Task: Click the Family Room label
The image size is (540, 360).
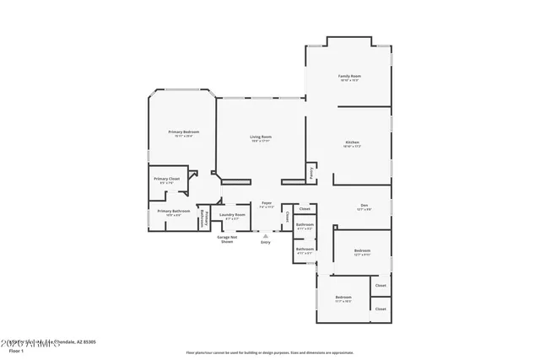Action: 349,76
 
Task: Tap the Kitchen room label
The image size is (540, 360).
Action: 352,142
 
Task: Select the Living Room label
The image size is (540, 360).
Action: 260,137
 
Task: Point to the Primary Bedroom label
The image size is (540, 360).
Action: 183,132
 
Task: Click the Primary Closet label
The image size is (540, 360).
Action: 166,179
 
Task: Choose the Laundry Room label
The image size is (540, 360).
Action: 232,215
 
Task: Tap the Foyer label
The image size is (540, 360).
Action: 266,203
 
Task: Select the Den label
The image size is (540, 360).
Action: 364,205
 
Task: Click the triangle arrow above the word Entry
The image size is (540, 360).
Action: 266,236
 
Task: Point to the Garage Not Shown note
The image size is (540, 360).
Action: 228,239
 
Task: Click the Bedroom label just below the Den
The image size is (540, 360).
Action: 362,250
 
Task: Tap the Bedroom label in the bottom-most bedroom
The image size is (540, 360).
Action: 343,298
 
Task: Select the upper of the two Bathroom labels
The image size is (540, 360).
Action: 305,224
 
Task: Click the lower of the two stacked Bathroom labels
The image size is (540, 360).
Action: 305,249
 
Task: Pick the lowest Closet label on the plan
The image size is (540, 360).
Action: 381,309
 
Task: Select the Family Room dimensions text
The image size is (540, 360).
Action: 349,81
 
